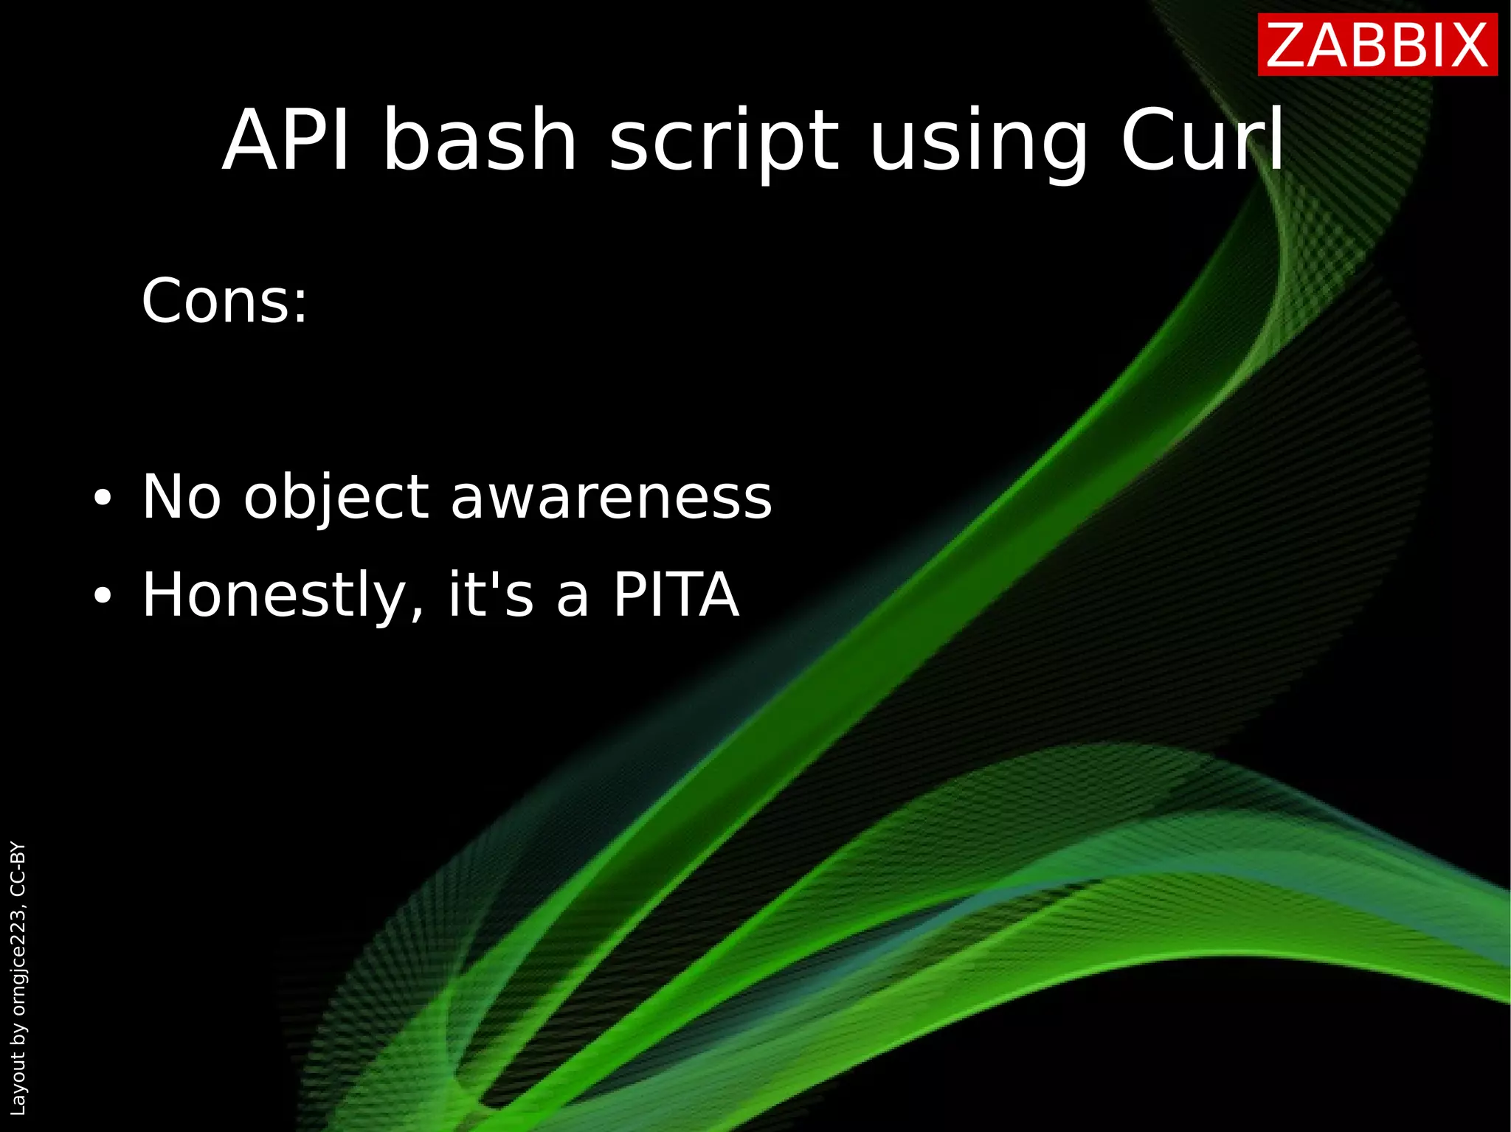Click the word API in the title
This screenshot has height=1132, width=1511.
coord(286,140)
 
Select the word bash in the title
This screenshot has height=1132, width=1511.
coord(480,140)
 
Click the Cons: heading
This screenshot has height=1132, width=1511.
coord(224,301)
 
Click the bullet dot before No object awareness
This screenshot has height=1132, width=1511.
coord(103,499)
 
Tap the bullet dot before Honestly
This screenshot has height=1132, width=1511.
coord(103,596)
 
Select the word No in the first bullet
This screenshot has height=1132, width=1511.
coord(181,497)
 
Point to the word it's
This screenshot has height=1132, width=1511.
coord(490,594)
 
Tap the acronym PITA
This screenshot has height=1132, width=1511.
coord(676,594)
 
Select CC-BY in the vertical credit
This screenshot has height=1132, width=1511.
coord(18,868)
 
